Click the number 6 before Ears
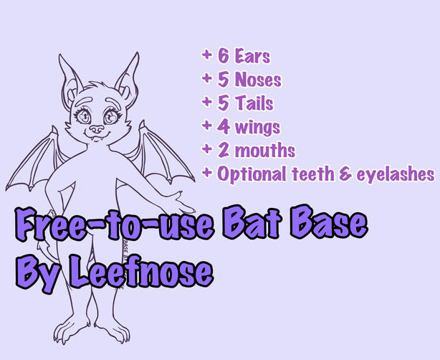pos(223,57)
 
